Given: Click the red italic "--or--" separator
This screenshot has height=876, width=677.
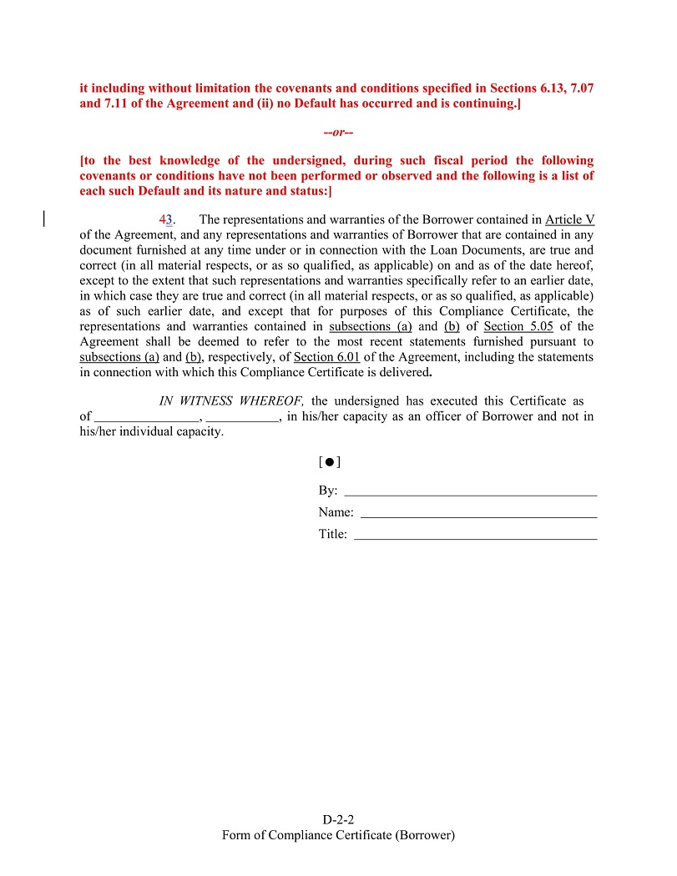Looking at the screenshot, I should tap(338, 133).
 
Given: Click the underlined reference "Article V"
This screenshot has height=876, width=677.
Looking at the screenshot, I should tap(569, 220).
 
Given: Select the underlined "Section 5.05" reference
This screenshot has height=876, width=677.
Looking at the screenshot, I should tap(518, 326).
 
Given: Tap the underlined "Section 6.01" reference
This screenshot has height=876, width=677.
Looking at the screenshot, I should tap(326, 356).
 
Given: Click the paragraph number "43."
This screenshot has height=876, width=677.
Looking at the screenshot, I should tap(167, 220).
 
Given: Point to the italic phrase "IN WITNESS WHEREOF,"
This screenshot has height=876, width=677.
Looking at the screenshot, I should tap(232, 401).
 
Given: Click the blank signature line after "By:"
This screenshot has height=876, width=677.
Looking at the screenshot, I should tap(470, 492).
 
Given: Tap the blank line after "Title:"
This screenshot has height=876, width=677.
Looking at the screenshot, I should tap(475, 536).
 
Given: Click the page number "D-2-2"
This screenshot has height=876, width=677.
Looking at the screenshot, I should tap(338, 820).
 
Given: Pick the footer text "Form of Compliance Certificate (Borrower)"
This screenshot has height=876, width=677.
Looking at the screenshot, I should tap(338, 835).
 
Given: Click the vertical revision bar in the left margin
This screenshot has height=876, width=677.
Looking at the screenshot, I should tap(43, 219).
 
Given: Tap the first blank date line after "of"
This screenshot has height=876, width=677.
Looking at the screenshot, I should tap(147, 416).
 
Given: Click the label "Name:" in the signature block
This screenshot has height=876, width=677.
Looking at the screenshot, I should tap(336, 512).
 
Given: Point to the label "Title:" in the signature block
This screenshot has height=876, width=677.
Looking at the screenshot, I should tap(332, 534).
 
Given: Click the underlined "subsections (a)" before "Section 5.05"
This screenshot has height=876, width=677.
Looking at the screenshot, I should tap(371, 326).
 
